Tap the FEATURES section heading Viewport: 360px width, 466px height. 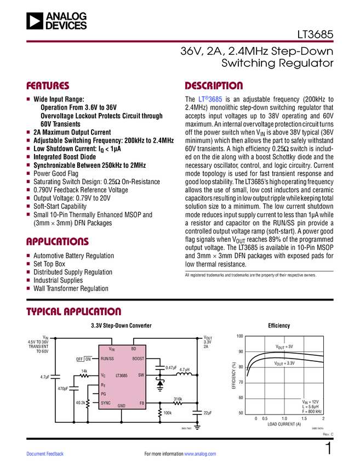(48, 86)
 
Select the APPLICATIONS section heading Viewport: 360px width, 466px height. (58, 242)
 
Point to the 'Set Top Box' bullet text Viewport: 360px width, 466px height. (49, 264)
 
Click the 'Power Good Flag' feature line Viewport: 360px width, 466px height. (56, 173)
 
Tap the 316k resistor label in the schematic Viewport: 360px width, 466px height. (178, 399)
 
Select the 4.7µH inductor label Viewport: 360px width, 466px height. (184, 370)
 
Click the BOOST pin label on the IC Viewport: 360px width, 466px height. (138, 359)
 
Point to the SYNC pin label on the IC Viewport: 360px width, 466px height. (106, 402)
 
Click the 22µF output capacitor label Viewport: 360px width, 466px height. (208, 412)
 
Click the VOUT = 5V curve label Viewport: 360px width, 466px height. (284, 346)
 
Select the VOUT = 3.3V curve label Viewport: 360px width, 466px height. (284, 363)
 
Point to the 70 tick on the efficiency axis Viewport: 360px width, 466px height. (240, 382)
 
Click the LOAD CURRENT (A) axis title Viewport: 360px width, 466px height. (284, 424)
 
